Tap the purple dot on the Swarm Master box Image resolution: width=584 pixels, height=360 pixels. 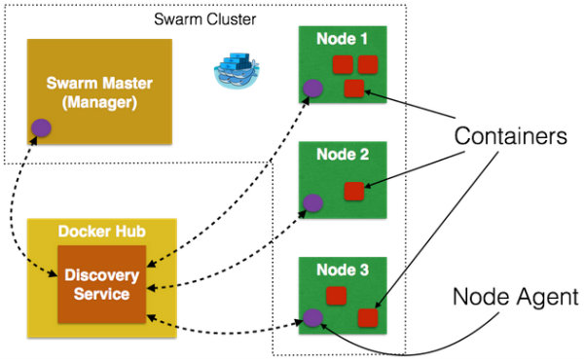tap(41, 126)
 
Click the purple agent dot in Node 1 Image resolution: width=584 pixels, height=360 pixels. tap(312, 89)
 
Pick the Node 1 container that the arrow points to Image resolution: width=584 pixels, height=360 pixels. tap(354, 90)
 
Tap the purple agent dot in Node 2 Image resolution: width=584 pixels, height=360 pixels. tap(312, 203)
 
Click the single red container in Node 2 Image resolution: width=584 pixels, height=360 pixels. tap(354, 191)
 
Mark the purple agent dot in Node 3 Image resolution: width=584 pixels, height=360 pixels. tap(312, 317)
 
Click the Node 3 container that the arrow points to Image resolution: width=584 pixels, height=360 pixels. tap(367, 317)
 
